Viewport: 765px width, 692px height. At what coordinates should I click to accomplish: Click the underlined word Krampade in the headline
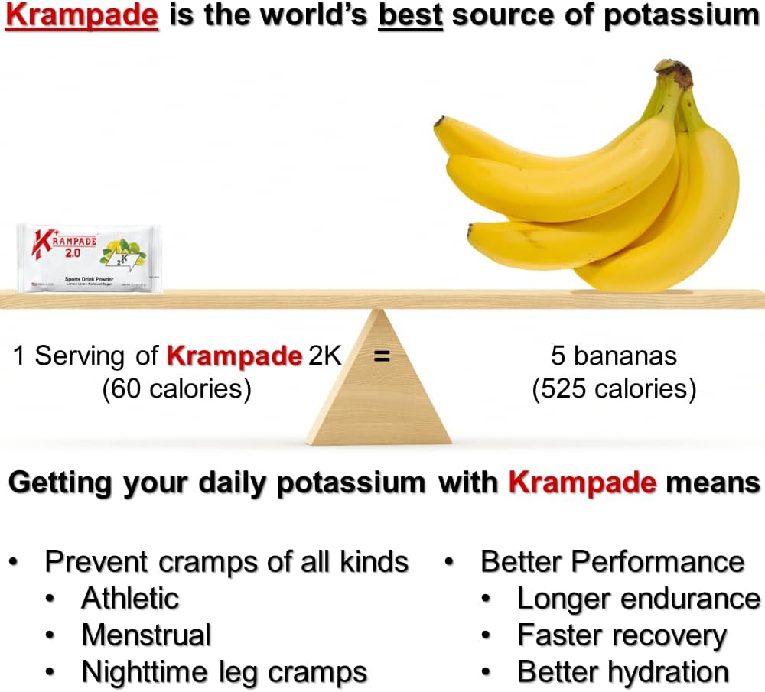pyautogui.click(x=82, y=16)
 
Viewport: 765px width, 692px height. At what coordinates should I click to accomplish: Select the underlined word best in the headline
pyautogui.click(x=411, y=16)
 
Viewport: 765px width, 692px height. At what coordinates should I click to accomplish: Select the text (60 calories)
pyautogui.click(x=177, y=389)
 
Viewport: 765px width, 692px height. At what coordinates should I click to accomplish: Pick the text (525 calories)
pyautogui.click(x=614, y=389)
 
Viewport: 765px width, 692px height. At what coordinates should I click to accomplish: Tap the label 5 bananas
pyautogui.click(x=614, y=356)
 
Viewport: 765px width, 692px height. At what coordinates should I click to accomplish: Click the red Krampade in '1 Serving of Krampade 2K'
pyautogui.click(x=234, y=356)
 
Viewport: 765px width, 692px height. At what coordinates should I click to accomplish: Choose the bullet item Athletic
pyautogui.click(x=130, y=598)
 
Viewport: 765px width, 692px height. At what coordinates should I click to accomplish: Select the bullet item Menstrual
pyautogui.click(x=146, y=635)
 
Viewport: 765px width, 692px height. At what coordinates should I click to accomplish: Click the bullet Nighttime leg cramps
pyautogui.click(x=224, y=673)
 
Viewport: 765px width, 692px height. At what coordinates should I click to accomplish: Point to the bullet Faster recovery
pyautogui.click(x=622, y=635)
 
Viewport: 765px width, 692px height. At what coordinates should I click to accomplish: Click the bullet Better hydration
pyautogui.click(x=623, y=673)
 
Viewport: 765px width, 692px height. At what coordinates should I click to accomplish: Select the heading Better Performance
pyautogui.click(x=612, y=561)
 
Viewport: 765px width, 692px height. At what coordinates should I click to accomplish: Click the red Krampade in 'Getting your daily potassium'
pyautogui.click(x=582, y=482)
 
